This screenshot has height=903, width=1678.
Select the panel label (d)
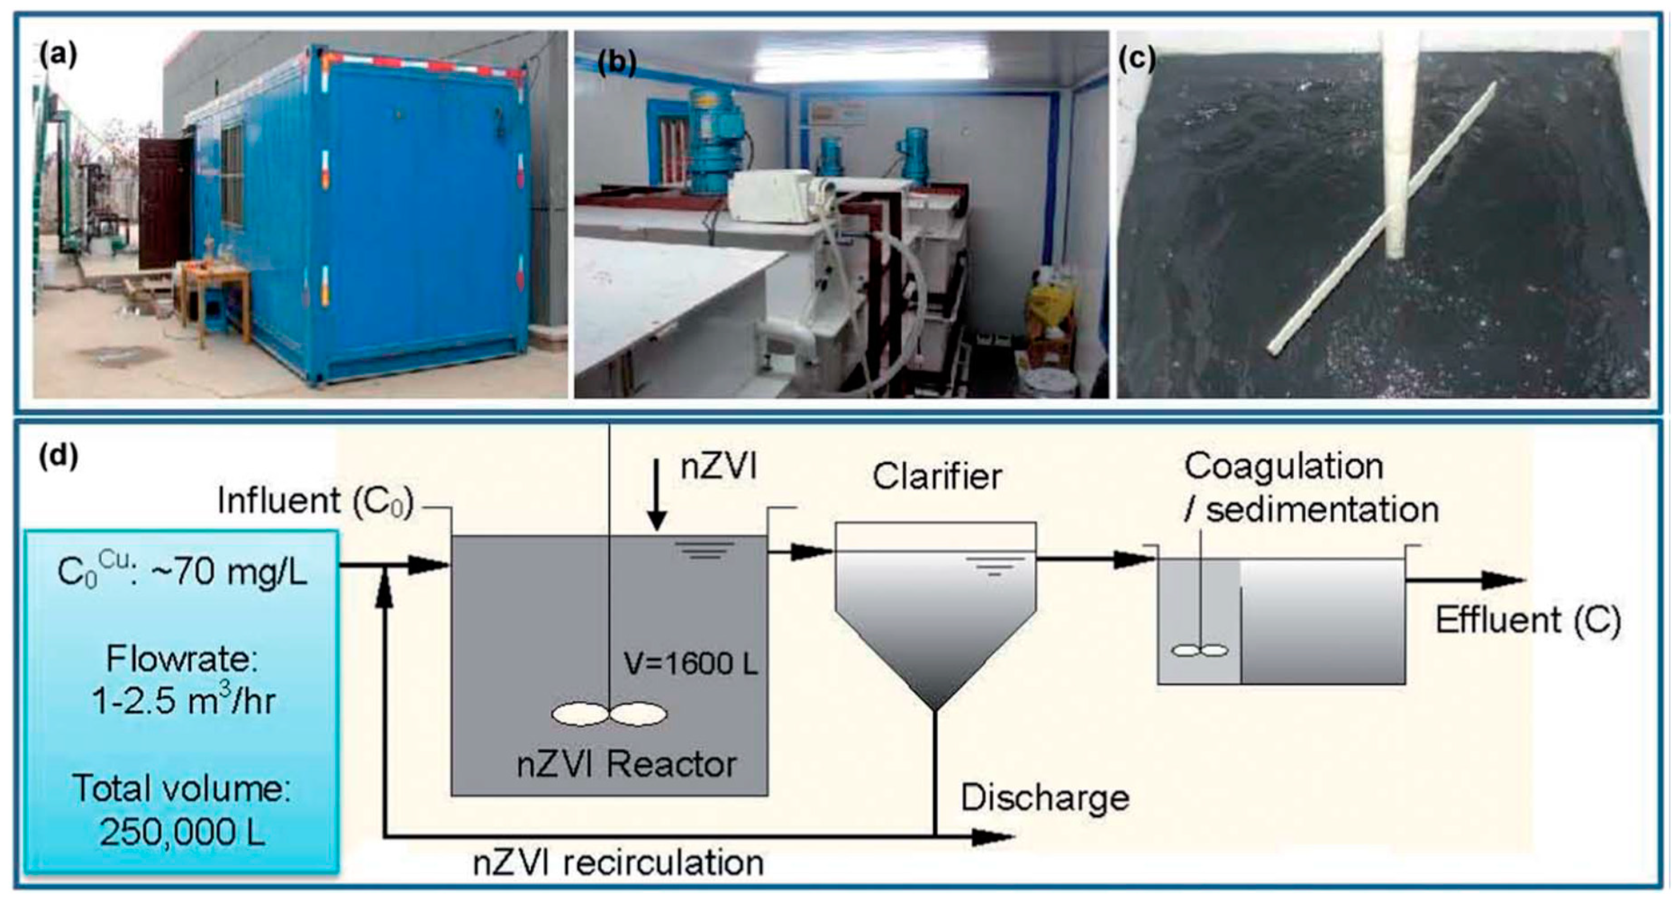[58, 457]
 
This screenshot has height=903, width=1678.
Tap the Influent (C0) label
[315, 502]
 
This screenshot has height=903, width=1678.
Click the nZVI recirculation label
[618, 863]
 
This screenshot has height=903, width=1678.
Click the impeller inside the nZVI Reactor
[609, 714]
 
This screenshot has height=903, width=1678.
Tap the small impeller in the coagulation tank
[1199, 650]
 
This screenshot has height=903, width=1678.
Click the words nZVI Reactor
[626, 764]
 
